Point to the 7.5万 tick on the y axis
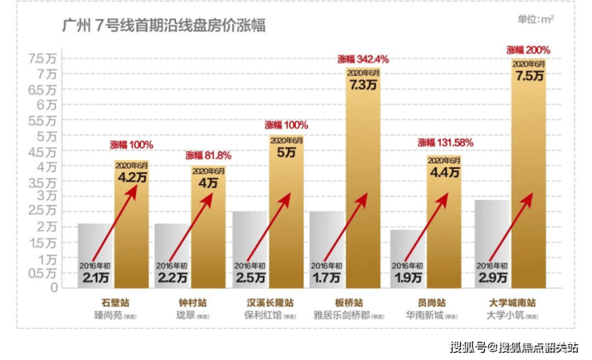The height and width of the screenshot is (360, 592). [42, 58]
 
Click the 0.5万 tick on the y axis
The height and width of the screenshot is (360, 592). [42, 273]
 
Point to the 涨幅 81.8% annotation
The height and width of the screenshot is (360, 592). [209, 155]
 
